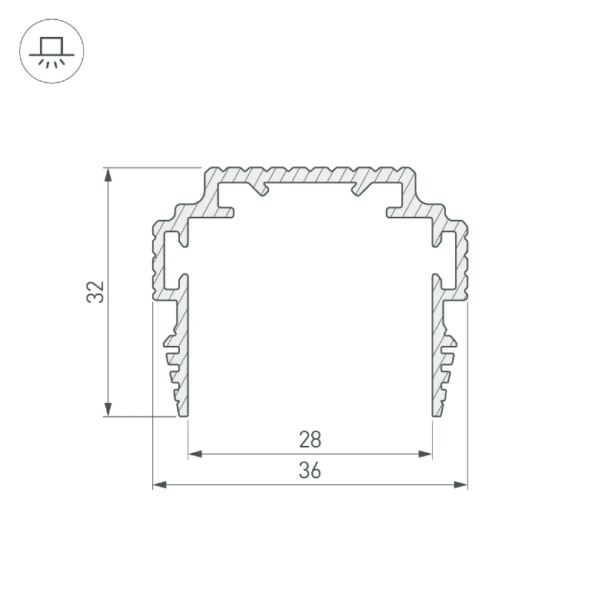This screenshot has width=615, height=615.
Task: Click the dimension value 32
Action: [x=95, y=292]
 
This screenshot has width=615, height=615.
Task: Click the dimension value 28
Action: [x=310, y=440]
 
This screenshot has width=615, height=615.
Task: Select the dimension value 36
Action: [x=310, y=470]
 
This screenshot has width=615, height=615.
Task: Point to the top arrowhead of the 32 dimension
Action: [x=108, y=175]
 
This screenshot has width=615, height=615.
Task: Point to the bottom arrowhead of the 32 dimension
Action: [x=108, y=409]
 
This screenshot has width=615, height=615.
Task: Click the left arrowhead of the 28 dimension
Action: [x=195, y=454]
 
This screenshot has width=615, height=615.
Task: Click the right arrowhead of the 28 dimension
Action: [x=425, y=454]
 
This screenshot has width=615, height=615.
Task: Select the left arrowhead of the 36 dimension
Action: [x=160, y=485]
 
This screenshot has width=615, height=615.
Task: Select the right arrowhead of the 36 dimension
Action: [x=460, y=485]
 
